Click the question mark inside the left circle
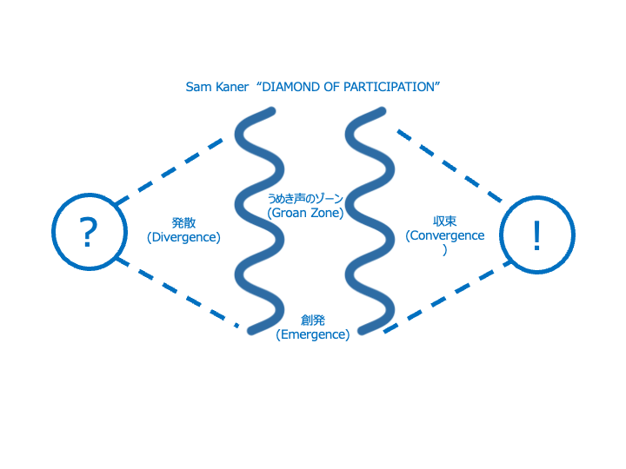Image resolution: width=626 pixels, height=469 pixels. coord(88,233)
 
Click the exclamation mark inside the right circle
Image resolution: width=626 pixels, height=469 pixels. coord(536,234)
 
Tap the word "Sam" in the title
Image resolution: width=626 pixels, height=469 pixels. coord(198,88)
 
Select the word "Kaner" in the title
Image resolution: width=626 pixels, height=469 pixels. coord(232,88)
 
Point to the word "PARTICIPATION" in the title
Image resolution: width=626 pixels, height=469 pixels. coord(393,88)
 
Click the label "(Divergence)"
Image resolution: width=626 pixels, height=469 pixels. coord(183,236)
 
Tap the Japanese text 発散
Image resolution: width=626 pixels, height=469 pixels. coord(183,222)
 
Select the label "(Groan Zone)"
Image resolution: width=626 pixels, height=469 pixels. coord(305,213)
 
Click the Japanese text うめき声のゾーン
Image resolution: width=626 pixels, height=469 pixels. coord(305,199)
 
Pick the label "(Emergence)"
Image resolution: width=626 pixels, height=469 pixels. coord(312,334)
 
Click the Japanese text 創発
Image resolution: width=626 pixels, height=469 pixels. coord(312,320)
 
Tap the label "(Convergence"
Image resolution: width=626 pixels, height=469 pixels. coord(445,235)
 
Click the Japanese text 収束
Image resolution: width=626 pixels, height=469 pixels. coord(445,221)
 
